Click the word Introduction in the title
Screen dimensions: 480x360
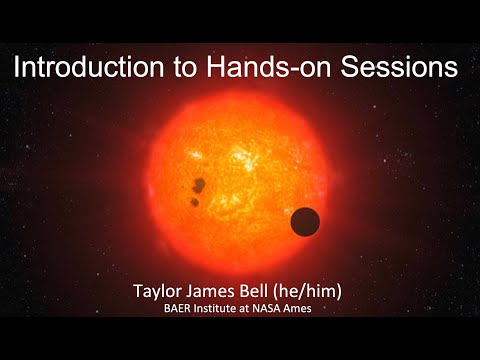(89, 67)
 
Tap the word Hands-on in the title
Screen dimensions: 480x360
(269, 67)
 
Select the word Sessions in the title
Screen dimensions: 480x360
(399, 67)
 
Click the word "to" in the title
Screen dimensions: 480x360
(186, 68)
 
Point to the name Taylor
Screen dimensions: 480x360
(158, 292)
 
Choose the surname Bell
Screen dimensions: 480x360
(254, 291)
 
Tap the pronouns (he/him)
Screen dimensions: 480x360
(307, 292)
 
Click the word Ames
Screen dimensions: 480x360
(297, 308)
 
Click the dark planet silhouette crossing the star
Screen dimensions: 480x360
(305, 222)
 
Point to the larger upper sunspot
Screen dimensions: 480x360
(199, 185)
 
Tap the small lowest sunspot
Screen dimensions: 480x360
(194, 202)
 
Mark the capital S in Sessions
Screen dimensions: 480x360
(348, 67)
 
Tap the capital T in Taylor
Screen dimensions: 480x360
(138, 291)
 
